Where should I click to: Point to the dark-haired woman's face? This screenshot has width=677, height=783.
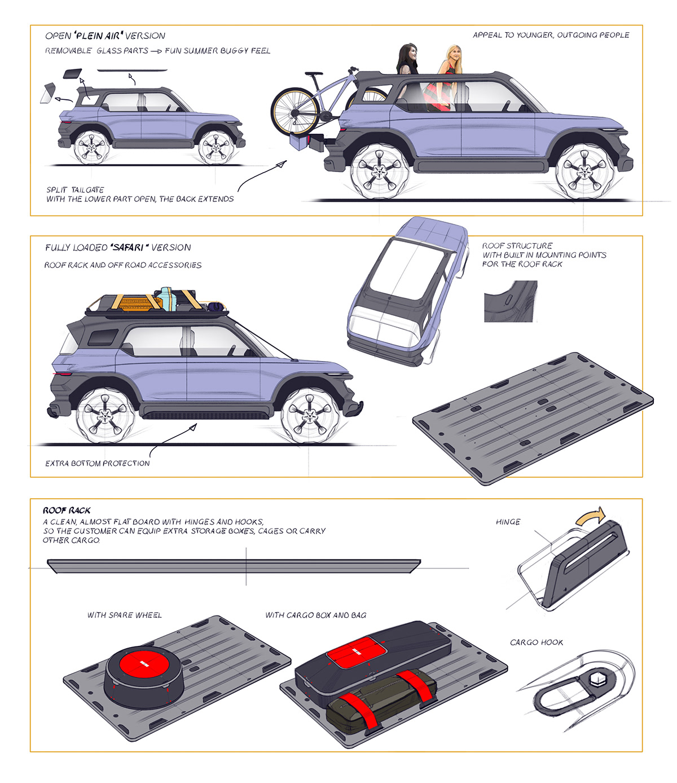[411, 55]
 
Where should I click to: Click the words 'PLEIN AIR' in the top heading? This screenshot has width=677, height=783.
[99, 36]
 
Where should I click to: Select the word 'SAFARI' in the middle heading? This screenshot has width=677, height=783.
[129, 248]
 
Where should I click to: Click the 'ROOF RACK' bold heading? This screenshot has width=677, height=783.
[67, 510]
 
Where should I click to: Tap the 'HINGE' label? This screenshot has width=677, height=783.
[508, 522]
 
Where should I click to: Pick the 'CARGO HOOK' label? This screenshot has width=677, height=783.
[536, 643]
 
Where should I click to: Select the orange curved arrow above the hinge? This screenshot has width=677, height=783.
[591, 516]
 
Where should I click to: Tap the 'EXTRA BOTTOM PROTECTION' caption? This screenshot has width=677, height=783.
[98, 463]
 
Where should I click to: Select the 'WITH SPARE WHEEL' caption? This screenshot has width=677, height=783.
[124, 615]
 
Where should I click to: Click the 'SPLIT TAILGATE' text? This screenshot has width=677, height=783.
[75, 190]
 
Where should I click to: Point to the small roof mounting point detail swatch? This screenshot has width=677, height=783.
[510, 302]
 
